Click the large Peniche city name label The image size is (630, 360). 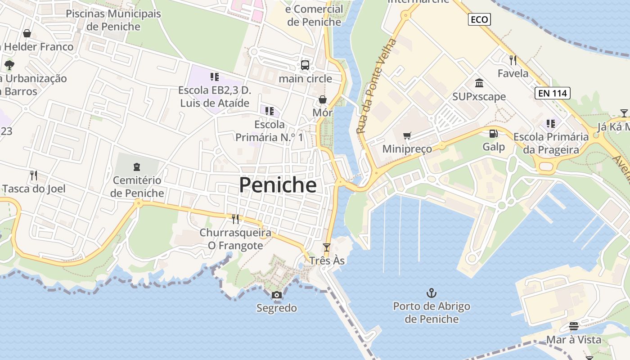click(x=278, y=185)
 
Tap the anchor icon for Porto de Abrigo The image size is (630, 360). click(x=432, y=293)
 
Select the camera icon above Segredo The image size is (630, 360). click(x=277, y=295)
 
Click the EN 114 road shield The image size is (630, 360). click(x=553, y=93)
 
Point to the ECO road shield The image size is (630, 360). click(x=479, y=19)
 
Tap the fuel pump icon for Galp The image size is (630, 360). click(x=494, y=134)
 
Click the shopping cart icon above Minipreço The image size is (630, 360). click(x=407, y=136)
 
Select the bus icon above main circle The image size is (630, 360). click(x=305, y=65)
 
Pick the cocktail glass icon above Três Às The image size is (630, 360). click(x=327, y=247)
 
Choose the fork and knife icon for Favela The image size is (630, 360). click(x=513, y=60)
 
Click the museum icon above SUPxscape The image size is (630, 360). click(x=479, y=83)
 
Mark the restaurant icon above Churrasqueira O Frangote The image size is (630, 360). click(x=235, y=219)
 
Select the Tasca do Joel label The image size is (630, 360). click(x=34, y=189)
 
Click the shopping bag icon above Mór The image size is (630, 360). click(x=323, y=99)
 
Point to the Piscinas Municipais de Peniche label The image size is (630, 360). click(x=113, y=20)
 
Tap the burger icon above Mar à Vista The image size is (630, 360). click(x=574, y=326)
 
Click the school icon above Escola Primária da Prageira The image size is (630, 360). click(x=550, y=123)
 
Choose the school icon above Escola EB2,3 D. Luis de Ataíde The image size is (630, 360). click(x=215, y=77)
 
